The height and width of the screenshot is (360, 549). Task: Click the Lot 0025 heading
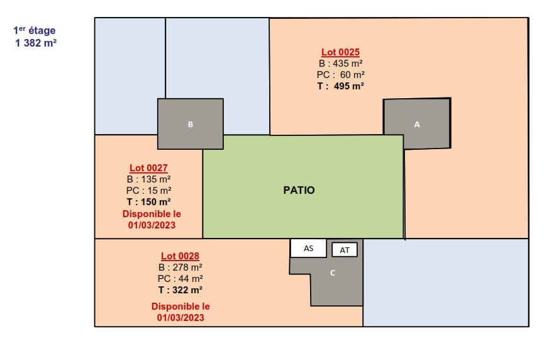340,52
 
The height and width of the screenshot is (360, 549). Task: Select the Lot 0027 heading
148,168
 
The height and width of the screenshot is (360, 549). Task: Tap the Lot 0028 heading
180,256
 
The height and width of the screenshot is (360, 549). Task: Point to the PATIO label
299,190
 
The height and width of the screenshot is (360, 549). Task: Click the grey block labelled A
416,124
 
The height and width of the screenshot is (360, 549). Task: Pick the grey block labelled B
191,124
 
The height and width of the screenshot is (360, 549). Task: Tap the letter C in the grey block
333,273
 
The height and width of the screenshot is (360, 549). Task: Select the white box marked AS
308,248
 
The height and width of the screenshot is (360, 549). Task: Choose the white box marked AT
345,250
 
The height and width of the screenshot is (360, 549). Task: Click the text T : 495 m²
340,86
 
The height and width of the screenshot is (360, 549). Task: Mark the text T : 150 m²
148,202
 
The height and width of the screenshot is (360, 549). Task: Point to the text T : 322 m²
180,290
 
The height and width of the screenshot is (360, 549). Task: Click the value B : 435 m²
340,64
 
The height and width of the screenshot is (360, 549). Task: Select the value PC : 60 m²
340,75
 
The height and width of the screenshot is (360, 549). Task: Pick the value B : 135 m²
148,179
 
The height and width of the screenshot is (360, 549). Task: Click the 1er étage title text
35,30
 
